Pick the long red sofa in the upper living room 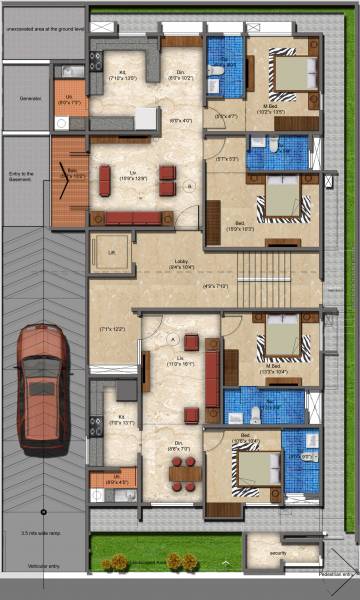[132, 218]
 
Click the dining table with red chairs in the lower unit [182, 473]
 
